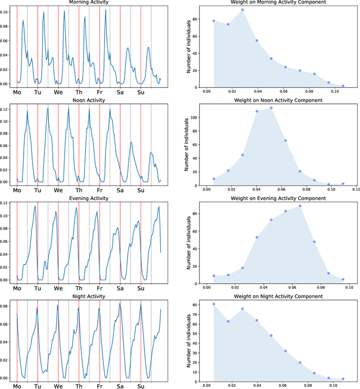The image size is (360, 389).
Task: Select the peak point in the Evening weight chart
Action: [300, 206]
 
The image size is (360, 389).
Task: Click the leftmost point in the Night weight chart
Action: [214, 304]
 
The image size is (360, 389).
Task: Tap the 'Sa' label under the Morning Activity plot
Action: [120, 93]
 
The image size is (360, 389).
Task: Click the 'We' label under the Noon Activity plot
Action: [58, 190]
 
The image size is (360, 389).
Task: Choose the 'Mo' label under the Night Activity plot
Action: [17, 386]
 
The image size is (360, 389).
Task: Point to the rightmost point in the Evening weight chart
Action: [343, 279]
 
